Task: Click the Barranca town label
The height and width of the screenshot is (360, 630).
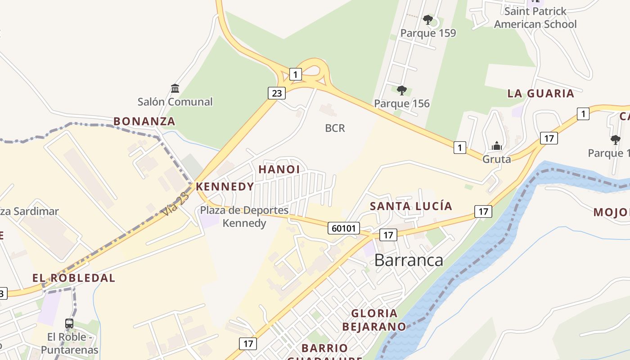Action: [409, 260]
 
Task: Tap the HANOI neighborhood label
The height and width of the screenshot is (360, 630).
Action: [279, 169]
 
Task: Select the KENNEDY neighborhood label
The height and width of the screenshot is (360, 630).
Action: [225, 186]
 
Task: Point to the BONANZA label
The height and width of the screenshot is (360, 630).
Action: [144, 121]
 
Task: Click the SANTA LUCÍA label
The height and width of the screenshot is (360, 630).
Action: [411, 206]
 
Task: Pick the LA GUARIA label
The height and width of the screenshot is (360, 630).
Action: [540, 94]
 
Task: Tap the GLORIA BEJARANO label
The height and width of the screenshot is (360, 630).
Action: [374, 319]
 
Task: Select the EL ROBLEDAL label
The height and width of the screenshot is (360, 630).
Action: [74, 278]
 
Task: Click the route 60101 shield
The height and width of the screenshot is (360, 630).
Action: [344, 228]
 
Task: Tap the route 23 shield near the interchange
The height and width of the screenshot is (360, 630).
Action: [276, 93]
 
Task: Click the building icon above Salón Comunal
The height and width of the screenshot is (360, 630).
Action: [175, 88]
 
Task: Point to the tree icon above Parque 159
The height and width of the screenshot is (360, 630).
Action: [428, 20]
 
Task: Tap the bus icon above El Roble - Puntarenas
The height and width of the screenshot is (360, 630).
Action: [69, 323]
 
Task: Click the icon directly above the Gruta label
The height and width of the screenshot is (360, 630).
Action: [497, 146]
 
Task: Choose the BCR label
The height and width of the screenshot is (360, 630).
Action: [335, 128]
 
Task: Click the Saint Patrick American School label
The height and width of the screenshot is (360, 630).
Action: [535, 18]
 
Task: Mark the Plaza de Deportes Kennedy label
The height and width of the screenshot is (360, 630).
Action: [244, 216]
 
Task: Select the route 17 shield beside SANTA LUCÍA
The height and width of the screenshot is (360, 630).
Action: [483, 211]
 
